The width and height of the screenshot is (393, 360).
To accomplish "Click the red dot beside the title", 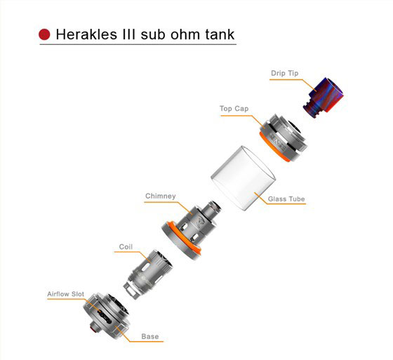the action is (44, 34).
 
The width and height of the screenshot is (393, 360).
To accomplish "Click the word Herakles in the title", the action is (86, 34).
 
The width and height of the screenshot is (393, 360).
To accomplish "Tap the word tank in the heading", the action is (220, 34).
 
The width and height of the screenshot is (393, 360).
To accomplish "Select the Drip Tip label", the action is (284, 73).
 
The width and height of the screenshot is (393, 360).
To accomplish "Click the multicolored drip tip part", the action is (323, 97).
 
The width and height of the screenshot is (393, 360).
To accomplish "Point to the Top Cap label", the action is (234, 109).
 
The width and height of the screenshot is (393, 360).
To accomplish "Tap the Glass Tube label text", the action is (286, 199).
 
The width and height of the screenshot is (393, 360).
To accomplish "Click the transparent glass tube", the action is (243, 178).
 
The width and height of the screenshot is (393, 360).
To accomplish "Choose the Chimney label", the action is (161, 196).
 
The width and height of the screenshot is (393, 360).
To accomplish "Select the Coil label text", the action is (126, 247).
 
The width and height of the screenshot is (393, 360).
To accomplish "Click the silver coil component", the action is (148, 274).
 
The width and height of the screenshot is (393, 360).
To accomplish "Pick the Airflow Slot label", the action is (66, 294).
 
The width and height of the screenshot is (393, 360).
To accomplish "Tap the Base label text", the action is (150, 336).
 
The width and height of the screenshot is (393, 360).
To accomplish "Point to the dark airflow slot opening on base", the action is (105, 316).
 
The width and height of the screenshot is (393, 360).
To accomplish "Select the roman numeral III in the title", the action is (129, 34).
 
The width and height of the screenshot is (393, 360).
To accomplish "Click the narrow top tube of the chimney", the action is (212, 208).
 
